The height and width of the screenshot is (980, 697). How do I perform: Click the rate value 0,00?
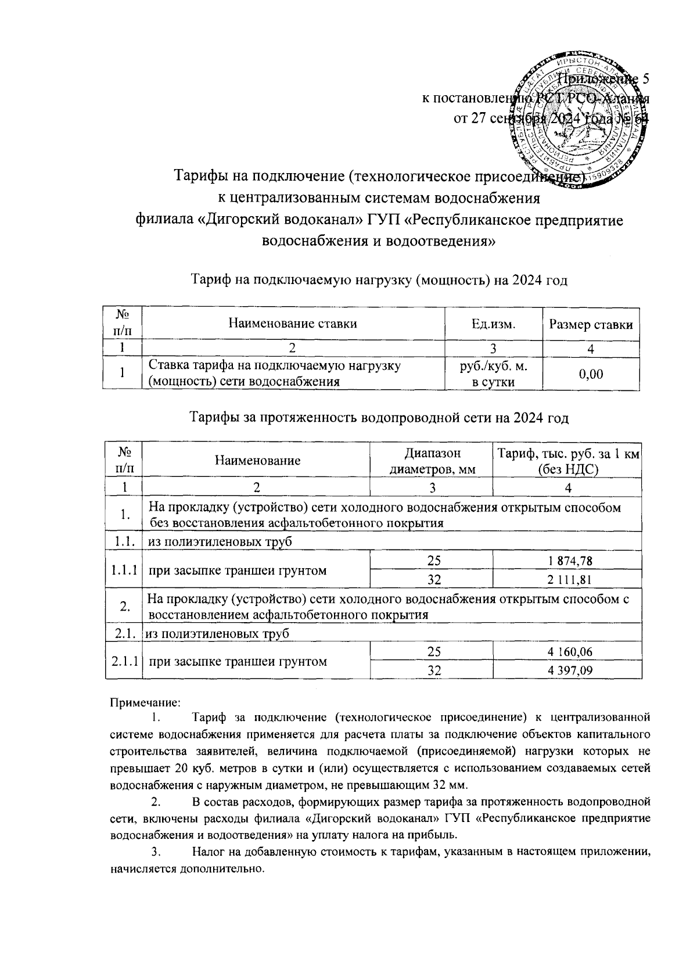coord(591,374)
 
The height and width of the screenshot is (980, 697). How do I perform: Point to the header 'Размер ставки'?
coord(591,325)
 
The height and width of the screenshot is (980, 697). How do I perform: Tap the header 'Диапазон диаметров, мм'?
coord(432,461)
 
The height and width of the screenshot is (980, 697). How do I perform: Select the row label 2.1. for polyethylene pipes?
coord(124,633)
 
